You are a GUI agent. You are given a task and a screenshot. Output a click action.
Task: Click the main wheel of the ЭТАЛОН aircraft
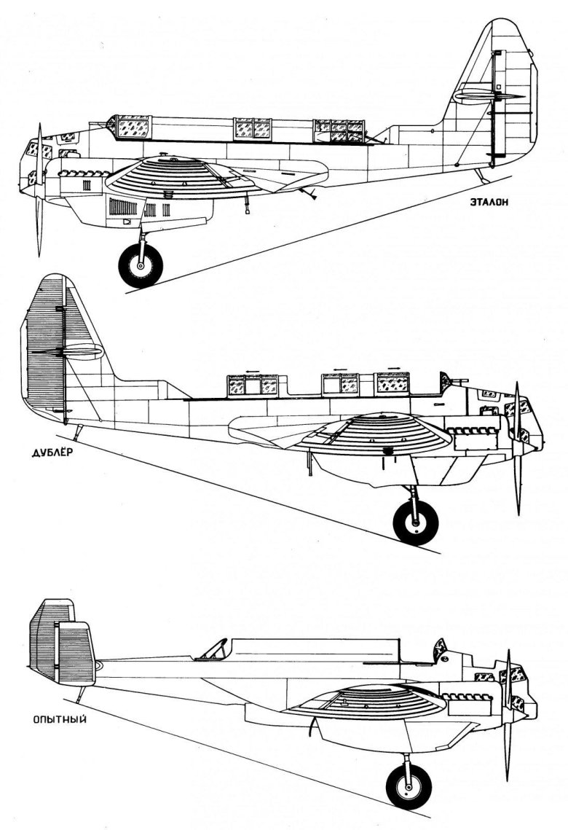(x=141, y=265)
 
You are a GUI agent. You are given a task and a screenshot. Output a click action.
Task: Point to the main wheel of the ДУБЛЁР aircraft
(x=416, y=522)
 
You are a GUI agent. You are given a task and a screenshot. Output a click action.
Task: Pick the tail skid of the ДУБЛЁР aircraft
(x=79, y=432)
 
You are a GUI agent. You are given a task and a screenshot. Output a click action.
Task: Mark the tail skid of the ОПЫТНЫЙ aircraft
(x=81, y=694)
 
